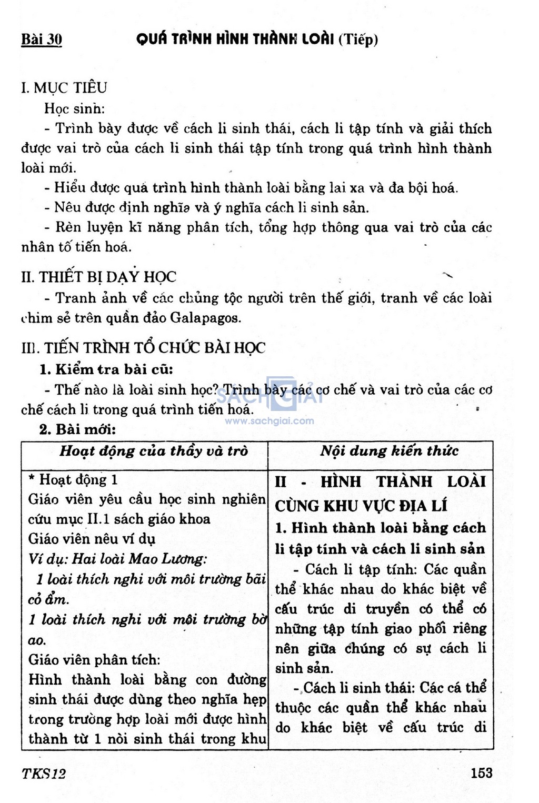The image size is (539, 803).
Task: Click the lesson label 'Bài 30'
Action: point(42,39)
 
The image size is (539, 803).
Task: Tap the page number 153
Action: point(482,772)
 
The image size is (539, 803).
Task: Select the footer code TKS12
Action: point(44,774)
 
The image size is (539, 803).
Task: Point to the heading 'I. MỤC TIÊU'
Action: point(64,87)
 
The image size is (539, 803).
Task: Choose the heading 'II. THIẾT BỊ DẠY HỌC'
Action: point(98,277)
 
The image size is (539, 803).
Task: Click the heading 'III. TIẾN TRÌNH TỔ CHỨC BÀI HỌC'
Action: point(143,348)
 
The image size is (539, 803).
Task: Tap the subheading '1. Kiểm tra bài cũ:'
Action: point(106,369)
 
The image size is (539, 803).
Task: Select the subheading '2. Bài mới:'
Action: point(77,429)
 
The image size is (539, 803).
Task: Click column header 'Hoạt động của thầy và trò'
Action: point(153,451)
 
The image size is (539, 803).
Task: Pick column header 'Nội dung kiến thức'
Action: point(389,451)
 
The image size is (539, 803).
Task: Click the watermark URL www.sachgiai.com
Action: point(269,421)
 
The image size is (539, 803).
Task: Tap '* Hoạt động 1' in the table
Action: point(73,479)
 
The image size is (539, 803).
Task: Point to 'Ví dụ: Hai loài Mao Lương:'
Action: point(117,558)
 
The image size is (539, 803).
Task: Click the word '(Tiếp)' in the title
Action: point(358,39)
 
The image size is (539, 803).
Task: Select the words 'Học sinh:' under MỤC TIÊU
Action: point(74,108)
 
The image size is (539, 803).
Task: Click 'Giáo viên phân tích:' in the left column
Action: point(94,659)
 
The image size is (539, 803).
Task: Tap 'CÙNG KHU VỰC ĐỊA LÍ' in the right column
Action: point(361,506)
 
